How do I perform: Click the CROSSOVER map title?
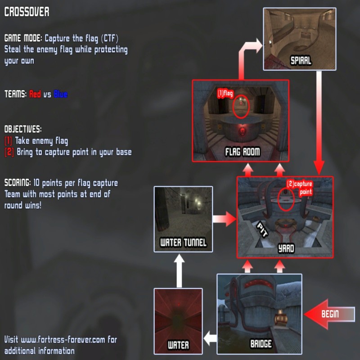[27, 12]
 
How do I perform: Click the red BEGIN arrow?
[326, 314]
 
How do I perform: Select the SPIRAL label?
[300, 60]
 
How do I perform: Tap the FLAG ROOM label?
[243, 152]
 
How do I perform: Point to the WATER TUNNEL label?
[183, 243]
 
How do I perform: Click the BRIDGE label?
[261, 344]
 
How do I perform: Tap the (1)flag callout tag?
[225, 94]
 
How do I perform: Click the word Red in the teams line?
[35, 94]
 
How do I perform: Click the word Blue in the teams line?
[61, 94]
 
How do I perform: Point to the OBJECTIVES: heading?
[23, 129]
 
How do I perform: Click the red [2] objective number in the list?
[9, 152]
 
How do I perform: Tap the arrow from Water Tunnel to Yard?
[224, 220]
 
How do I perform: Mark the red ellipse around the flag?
[241, 107]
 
